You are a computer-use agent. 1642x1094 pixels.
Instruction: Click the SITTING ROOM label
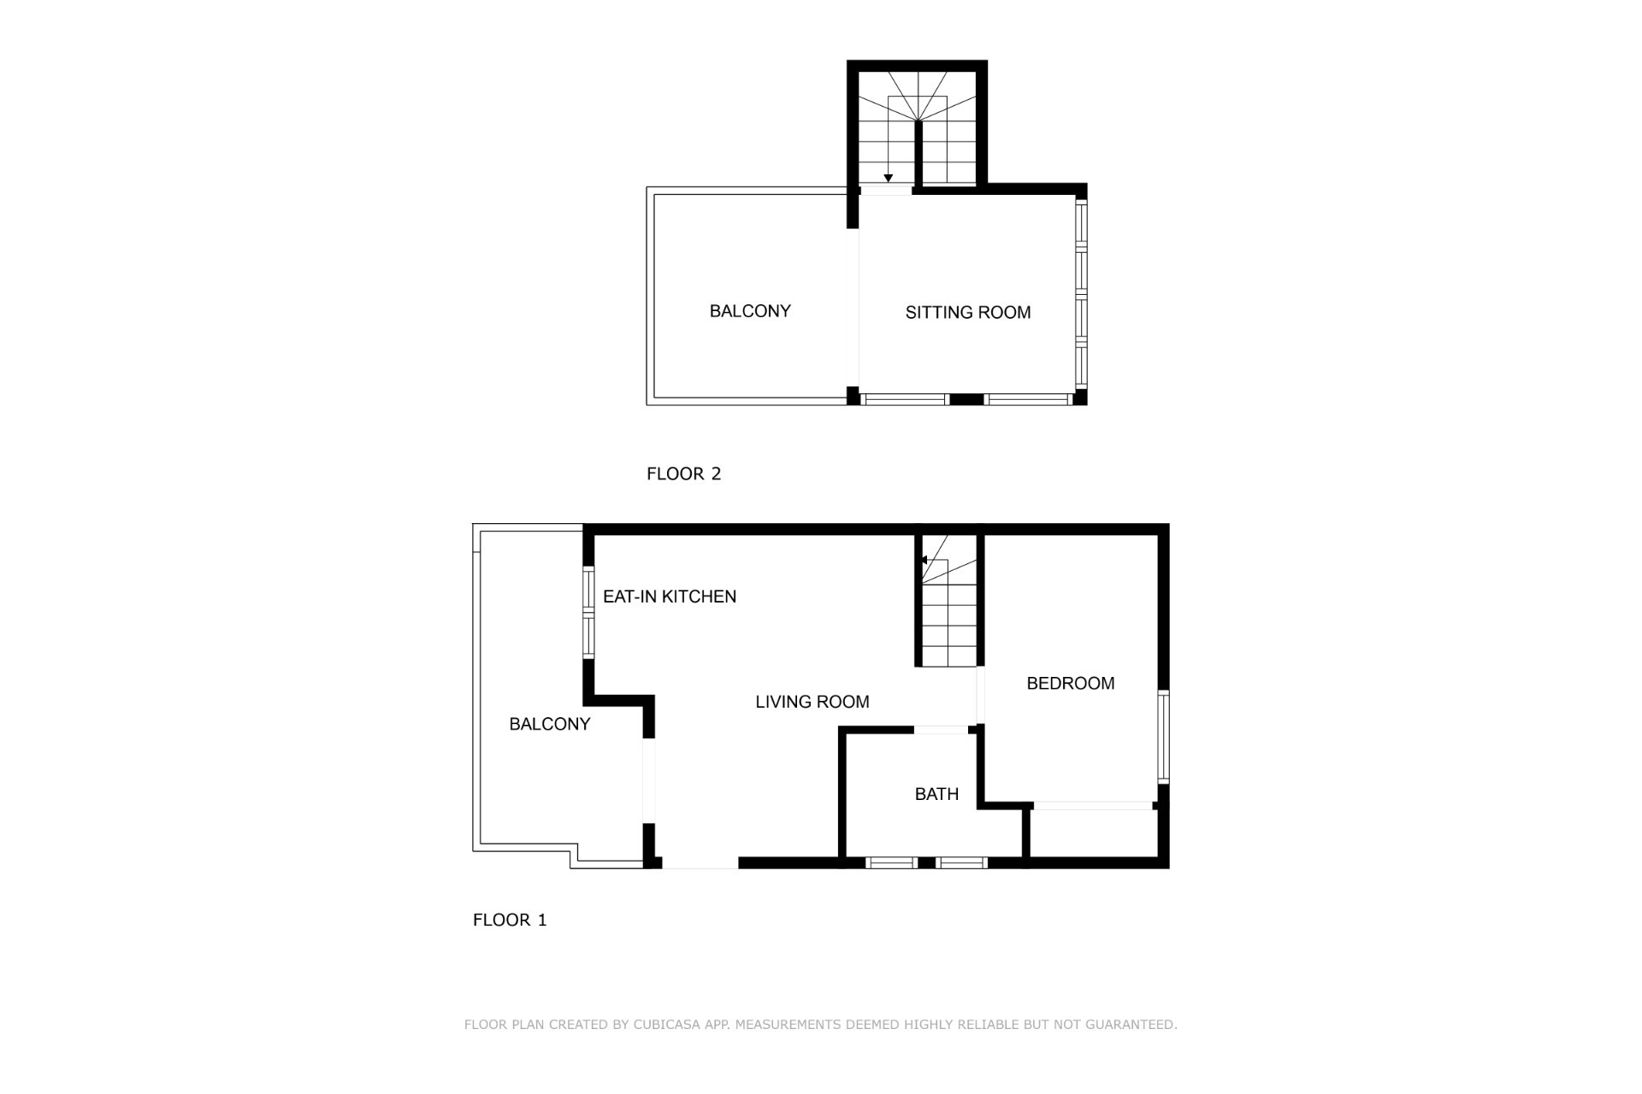968,313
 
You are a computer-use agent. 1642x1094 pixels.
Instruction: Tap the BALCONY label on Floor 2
750,311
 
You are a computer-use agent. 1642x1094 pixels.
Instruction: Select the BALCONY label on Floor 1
550,724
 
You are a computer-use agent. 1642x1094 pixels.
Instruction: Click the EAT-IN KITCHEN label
670,597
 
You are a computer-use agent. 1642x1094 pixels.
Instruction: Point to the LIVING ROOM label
812,702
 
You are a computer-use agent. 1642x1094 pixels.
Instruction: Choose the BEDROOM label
1071,683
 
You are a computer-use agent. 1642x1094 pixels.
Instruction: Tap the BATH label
936,794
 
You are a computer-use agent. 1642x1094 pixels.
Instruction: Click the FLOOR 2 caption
684,473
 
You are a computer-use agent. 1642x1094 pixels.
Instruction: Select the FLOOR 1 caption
510,920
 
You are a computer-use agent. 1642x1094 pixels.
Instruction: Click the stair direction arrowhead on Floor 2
889,179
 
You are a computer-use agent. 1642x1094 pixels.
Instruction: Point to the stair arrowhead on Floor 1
924,561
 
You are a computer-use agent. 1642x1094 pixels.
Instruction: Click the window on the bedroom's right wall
1163,737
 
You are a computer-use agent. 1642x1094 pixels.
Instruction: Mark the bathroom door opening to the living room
942,730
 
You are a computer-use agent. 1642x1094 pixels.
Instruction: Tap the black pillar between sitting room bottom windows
966,399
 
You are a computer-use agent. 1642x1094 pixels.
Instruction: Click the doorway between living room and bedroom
981,696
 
